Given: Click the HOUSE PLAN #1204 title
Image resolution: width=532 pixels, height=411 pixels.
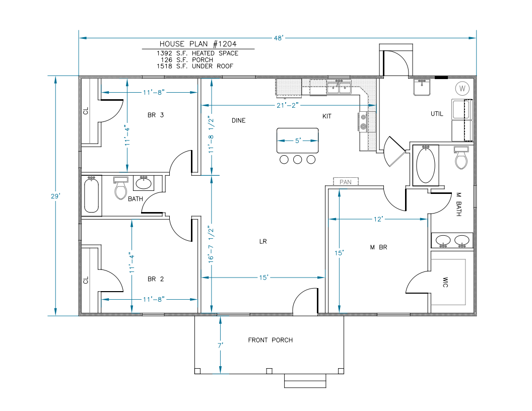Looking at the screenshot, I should click(x=197, y=44).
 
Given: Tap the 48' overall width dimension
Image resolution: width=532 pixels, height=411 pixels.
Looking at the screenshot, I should click(x=279, y=37).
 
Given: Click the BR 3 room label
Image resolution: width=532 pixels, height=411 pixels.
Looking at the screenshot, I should click(x=156, y=115).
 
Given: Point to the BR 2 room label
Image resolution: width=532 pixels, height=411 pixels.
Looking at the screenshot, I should click(x=156, y=279).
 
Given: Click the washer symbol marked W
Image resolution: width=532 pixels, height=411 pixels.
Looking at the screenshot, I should click(x=461, y=88).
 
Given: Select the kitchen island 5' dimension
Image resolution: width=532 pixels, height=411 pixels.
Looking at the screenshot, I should click(x=298, y=141).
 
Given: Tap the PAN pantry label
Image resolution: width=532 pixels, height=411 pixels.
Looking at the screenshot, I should click(x=346, y=182).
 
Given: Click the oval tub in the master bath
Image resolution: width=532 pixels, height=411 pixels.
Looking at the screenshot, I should click(x=426, y=165).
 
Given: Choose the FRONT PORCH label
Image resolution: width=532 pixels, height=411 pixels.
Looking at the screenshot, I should click(x=270, y=340).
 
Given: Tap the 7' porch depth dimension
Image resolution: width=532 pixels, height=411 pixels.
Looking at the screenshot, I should click(x=220, y=346).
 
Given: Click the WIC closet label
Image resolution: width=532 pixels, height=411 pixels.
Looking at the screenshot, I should click(x=445, y=283).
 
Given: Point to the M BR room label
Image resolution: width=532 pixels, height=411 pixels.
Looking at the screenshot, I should click(x=378, y=247).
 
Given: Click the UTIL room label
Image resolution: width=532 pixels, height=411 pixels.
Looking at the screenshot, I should click(x=437, y=114).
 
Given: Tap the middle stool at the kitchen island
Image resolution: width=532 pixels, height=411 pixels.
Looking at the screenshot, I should click(x=297, y=160).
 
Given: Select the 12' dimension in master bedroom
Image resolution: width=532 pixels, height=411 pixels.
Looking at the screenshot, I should click(x=378, y=219).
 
